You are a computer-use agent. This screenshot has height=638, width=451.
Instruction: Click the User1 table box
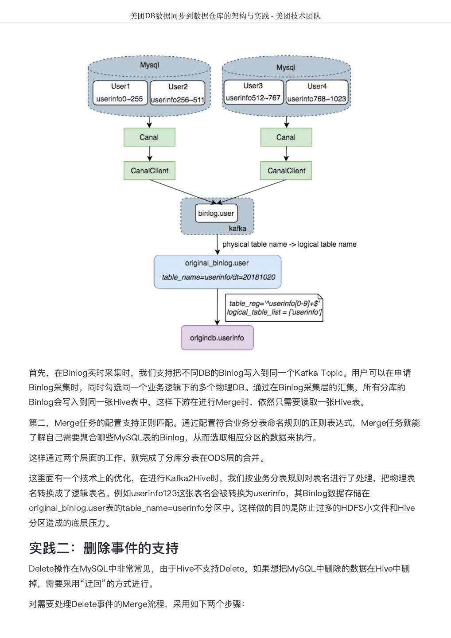(x=120, y=93)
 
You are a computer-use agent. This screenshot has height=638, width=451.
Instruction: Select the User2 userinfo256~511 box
(x=178, y=93)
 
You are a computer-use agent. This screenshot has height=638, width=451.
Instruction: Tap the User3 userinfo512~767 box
(x=253, y=92)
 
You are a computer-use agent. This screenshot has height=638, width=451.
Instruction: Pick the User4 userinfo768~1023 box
(x=317, y=93)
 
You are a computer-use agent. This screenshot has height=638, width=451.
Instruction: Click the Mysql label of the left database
(x=149, y=65)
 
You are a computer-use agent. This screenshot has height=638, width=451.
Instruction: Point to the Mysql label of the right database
(x=286, y=67)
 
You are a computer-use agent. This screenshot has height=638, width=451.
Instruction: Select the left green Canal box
(x=149, y=137)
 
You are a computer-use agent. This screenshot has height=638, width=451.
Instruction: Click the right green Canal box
(x=286, y=137)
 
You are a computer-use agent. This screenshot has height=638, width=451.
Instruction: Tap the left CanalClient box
(x=149, y=171)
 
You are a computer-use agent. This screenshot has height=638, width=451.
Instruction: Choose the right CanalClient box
(x=286, y=171)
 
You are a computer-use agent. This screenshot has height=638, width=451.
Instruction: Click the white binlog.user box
(x=216, y=213)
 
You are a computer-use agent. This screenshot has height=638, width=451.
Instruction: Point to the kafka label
(x=237, y=228)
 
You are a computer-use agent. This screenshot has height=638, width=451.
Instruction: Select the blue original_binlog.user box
(x=218, y=272)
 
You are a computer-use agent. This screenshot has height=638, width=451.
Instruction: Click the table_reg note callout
(x=274, y=307)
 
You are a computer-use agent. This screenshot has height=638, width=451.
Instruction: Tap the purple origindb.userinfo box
(x=217, y=338)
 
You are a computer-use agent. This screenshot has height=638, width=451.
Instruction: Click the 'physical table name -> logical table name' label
(x=289, y=244)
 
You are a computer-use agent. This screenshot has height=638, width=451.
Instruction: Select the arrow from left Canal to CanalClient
(x=150, y=154)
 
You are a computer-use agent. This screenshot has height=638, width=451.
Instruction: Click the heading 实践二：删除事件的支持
(x=104, y=548)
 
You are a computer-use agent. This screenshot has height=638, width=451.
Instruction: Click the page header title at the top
(x=225, y=16)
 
